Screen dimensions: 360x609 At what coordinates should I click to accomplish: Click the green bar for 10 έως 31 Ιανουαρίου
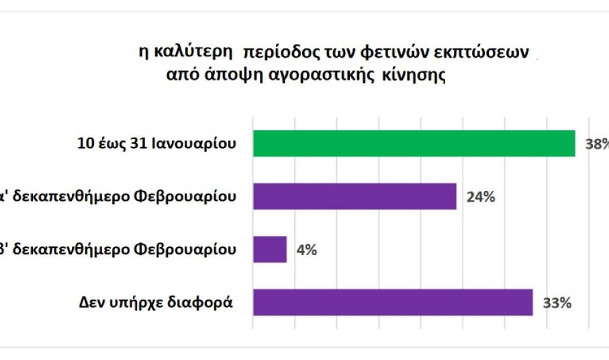[x=414, y=143]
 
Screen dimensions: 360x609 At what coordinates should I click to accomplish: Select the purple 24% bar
[x=355, y=196]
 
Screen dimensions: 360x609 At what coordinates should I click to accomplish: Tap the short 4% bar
[x=270, y=249]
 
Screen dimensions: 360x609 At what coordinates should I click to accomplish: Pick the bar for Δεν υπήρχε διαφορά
[x=393, y=302]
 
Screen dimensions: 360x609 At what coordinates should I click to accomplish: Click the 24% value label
[x=480, y=197]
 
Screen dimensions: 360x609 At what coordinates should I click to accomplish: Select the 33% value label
[x=557, y=303]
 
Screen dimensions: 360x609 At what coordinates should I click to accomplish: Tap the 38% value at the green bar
[x=596, y=144]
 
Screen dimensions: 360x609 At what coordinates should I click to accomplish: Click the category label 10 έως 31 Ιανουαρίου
[x=156, y=143]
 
